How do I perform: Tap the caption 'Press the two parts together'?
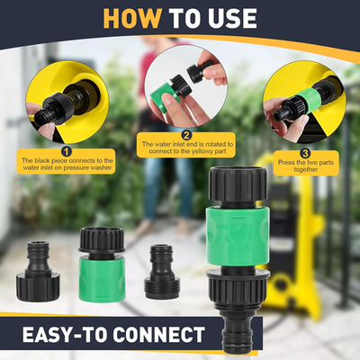pyautogui.click(x=303, y=166)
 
